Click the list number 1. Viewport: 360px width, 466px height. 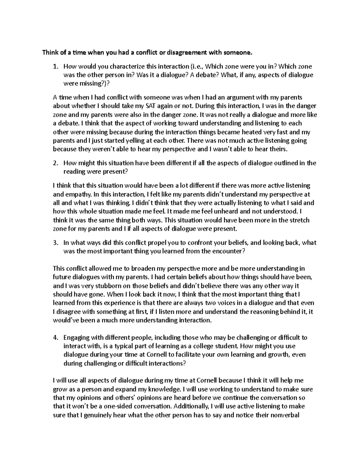(x=55, y=67)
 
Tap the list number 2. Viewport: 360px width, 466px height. (x=55, y=163)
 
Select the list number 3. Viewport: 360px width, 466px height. (x=55, y=243)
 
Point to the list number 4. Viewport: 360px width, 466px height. (x=55, y=338)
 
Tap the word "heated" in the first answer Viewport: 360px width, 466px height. (x=251, y=132)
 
